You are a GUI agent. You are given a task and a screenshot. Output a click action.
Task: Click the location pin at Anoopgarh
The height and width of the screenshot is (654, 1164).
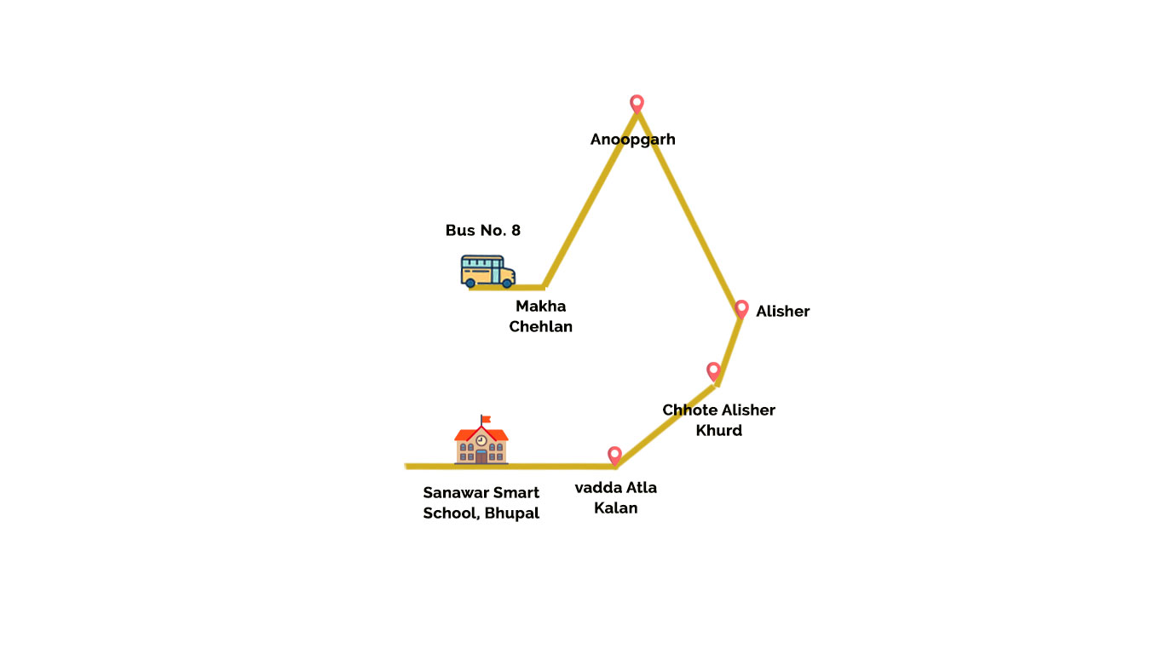pyautogui.click(x=637, y=103)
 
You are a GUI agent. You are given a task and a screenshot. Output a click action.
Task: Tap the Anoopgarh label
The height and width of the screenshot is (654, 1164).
pyautogui.click(x=632, y=139)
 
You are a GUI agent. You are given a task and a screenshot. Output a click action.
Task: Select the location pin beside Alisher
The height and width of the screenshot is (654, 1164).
pyautogui.click(x=741, y=308)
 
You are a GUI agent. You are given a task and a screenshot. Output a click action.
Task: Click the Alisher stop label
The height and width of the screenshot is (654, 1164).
pyautogui.click(x=782, y=311)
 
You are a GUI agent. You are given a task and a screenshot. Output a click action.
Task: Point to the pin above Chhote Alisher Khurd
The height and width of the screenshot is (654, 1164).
pyautogui.click(x=714, y=370)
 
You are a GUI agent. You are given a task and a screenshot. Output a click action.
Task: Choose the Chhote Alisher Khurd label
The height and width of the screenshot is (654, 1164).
pyautogui.click(x=718, y=420)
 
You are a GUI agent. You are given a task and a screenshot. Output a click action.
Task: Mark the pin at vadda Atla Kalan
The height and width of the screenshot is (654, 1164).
pyautogui.click(x=614, y=455)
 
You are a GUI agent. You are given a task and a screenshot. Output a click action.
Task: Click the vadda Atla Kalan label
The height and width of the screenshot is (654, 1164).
pyautogui.click(x=615, y=497)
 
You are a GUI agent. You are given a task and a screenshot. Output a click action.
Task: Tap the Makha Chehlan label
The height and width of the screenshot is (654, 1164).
pyautogui.click(x=540, y=316)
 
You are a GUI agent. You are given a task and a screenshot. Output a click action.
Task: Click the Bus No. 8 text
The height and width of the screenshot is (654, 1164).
pyautogui.click(x=482, y=230)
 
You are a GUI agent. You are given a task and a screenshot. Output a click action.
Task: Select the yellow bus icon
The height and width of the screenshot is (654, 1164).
pyautogui.click(x=488, y=270)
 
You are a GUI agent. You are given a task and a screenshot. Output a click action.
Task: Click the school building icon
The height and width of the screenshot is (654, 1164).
pyautogui.click(x=481, y=444)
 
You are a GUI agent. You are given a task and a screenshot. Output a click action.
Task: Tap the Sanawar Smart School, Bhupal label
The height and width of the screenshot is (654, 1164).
pyautogui.click(x=481, y=502)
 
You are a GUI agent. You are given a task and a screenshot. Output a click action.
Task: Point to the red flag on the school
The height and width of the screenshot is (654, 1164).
pyautogui.click(x=487, y=418)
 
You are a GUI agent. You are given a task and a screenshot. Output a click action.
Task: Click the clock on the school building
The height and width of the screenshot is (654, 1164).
pyautogui.click(x=481, y=440)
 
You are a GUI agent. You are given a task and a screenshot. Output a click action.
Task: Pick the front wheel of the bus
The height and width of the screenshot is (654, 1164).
pyautogui.click(x=507, y=282)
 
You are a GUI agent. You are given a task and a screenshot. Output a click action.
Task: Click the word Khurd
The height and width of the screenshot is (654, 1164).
pyautogui.click(x=718, y=430)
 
